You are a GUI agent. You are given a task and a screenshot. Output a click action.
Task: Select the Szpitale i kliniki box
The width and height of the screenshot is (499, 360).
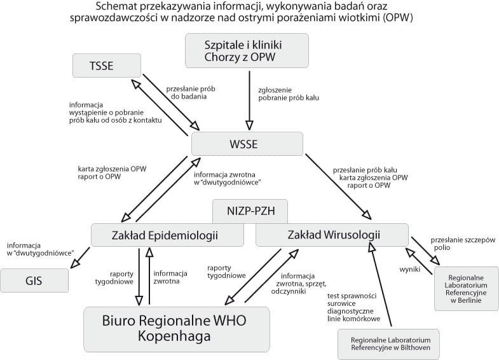click(x=247, y=51)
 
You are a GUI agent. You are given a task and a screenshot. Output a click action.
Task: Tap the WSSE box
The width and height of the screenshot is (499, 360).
click(x=247, y=144)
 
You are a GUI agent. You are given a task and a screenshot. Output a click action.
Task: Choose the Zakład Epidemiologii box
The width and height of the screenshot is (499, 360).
click(x=168, y=235)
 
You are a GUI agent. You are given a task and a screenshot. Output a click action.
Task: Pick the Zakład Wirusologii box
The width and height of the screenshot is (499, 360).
click(x=331, y=235)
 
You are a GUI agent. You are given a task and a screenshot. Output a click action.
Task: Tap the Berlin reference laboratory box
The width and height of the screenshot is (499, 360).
click(x=466, y=288)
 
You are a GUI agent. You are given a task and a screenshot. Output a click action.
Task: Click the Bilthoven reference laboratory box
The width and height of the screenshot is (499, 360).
click(x=388, y=343)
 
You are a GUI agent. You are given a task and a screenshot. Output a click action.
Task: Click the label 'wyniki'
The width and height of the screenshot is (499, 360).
click(x=406, y=269)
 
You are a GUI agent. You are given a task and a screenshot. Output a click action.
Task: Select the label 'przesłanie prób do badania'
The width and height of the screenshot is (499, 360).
click(x=186, y=93)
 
